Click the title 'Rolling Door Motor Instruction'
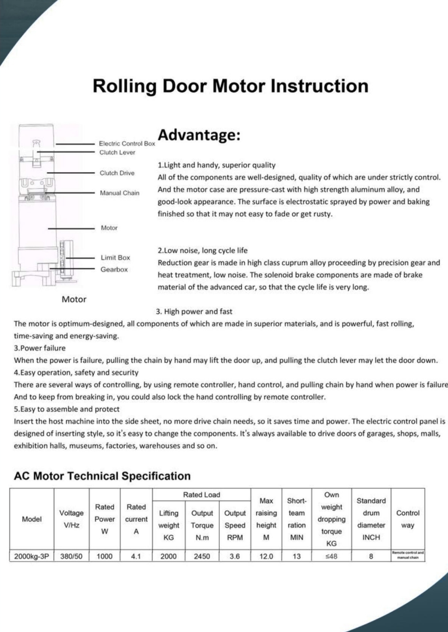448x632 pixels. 230,86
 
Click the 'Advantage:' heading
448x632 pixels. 199,135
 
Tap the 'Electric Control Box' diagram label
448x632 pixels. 127,143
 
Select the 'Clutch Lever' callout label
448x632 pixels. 117,152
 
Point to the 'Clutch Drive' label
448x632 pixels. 117,173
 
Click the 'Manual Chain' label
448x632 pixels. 120,193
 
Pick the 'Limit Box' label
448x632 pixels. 115,257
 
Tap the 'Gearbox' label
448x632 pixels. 114,269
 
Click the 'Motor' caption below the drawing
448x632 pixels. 74,299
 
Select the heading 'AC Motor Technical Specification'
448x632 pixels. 102,476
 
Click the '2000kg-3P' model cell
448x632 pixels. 31,556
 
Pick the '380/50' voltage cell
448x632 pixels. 71,556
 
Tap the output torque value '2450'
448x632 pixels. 202,556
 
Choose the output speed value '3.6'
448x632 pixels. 235,556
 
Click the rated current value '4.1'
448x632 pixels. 136,556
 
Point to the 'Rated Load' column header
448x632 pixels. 201,495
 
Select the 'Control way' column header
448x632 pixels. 408,519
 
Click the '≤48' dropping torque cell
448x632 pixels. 332,556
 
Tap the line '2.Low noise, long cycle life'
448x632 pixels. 203,250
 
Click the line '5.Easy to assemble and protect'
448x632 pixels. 67,409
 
